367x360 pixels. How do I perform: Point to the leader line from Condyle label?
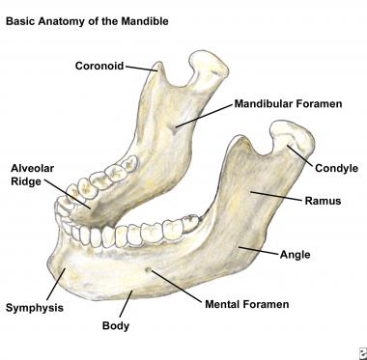point(301,154)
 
